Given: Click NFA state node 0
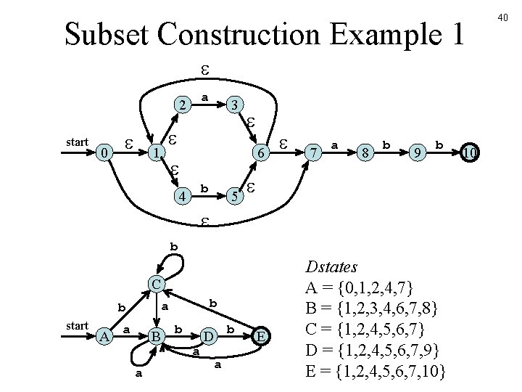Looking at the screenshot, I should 105,153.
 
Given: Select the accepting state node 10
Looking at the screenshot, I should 469,153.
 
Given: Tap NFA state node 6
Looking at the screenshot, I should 257,153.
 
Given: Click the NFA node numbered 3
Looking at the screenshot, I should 233,106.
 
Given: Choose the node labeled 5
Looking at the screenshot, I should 233,196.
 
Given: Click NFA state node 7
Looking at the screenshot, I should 313,153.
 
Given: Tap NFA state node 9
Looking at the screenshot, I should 416,153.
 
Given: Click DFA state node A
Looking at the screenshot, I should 105,335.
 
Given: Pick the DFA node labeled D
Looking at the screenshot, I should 208,335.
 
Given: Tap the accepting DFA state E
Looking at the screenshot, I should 261,335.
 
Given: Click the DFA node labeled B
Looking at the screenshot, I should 155,335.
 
